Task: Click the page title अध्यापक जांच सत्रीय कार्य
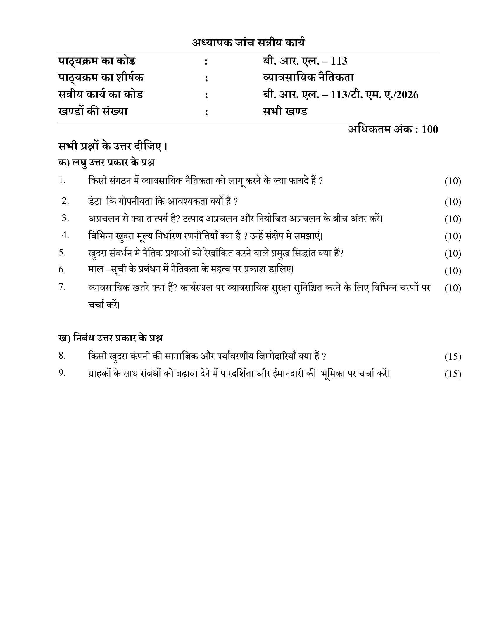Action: [x=248, y=43]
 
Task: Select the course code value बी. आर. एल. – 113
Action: [x=305, y=61]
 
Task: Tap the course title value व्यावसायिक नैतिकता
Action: [x=308, y=78]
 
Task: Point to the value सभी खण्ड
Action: [x=285, y=112]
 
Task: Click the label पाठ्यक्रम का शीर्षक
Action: [x=101, y=78]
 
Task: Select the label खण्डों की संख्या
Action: [x=93, y=112]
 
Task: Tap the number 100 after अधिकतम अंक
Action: [x=430, y=129]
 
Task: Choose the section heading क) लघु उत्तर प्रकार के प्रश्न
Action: [x=106, y=163]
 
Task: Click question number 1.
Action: [x=62, y=180]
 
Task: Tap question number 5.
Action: [x=62, y=253]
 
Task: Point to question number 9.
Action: [x=62, y=373]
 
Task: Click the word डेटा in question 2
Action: [x=95, y=202]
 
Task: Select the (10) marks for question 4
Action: [x=453, y=236]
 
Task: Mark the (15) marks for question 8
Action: [x=453, y=357]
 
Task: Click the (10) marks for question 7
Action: [x=453, y=288]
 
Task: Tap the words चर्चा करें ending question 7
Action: [x=104, y=305]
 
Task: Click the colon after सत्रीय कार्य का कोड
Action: [x=206, y=95]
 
